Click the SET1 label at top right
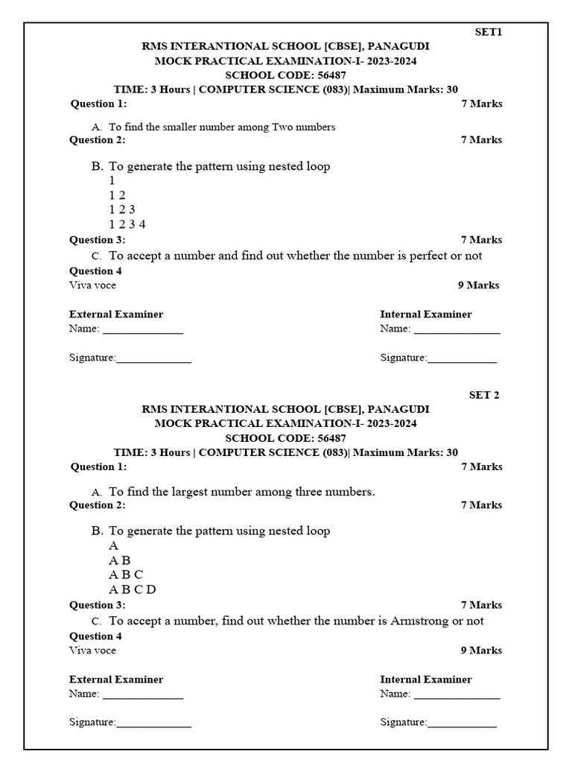[489, 32]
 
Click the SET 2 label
[483, 395]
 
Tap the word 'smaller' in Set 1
[189, 127]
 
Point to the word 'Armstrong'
[419, 621]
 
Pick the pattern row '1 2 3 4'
[127, 224]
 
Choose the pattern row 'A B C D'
[133, 589]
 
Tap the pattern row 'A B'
[119, 560]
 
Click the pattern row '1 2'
[117, 195]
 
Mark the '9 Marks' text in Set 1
[478, 285]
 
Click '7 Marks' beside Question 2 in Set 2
[481, 505]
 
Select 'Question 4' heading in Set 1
[95, 271]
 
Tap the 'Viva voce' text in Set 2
[92, 650]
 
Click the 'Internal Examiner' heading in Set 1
[425, 314]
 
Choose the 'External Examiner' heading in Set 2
[116, 680]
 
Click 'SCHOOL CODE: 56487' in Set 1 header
[285, 75]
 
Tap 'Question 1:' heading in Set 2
[98, 467]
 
